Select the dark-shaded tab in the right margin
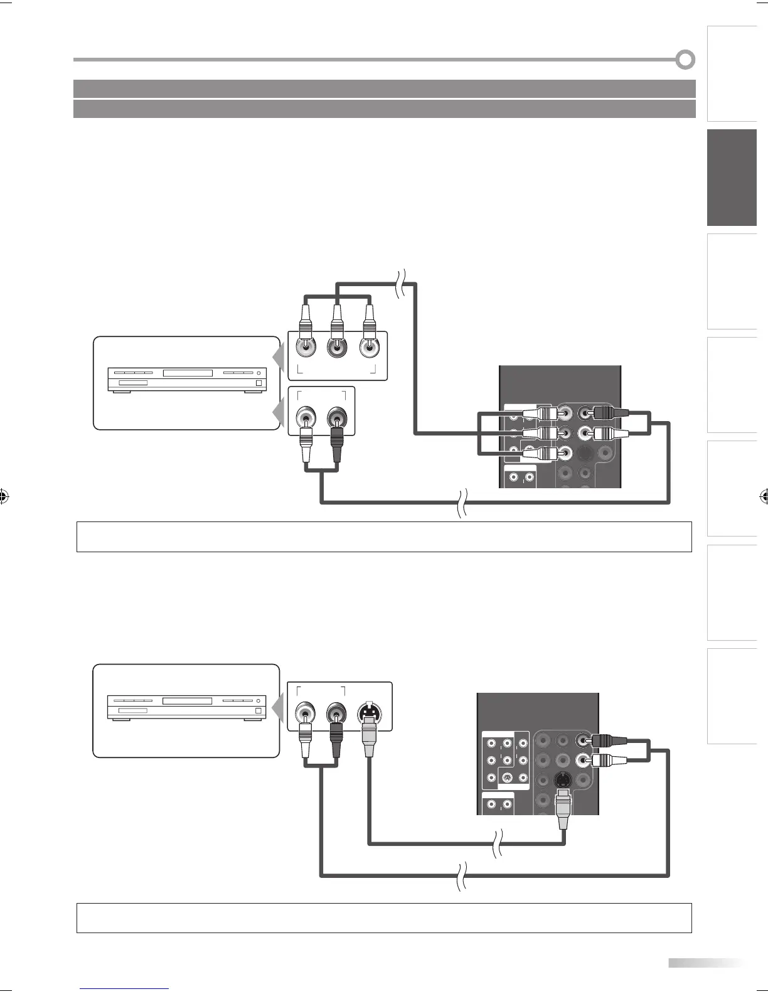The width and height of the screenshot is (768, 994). pyautogui.click(x=732, y=178)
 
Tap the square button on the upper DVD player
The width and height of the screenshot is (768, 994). pyautogui.click(x=259, y=383)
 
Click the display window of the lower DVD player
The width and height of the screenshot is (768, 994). pyautogui.click(x=188, y=700)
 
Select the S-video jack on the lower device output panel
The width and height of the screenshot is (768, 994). pyautogui.click(x=368, y=713)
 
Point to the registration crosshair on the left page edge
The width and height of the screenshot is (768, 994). pyautogui.click(x=4, y=497)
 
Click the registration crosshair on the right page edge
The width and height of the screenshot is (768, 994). pyautogui.click(x=764, y=497)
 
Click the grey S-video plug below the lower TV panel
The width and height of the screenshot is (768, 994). pyautogui.click(x=563, y=813)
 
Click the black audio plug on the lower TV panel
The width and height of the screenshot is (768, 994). pyautogui.click(x=605, y=740)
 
